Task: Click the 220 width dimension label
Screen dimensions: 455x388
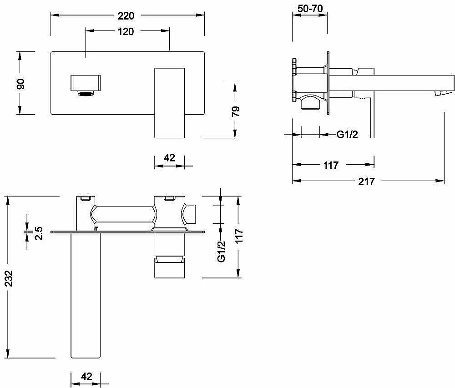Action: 126,15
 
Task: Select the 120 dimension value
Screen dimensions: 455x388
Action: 126,31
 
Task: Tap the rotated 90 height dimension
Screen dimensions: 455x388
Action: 20,84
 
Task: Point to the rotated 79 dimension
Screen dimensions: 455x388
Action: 236,111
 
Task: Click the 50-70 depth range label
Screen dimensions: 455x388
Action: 310,8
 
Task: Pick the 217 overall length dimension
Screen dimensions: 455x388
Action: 366,181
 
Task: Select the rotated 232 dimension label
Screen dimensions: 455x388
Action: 9,278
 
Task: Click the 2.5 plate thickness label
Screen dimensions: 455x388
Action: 39,233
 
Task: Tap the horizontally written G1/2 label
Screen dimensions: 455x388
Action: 347,135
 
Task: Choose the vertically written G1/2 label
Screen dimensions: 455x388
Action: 222,251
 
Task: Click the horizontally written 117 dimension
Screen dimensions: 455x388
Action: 331,165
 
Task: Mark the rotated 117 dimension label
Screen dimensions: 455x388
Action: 238,236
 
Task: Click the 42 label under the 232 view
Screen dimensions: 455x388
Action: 86,376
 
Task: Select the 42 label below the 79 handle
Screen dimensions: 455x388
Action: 169,158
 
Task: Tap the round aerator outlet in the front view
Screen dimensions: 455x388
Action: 86,93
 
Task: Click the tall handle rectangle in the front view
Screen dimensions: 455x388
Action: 169,103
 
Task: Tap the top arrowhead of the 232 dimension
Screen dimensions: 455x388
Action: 9,200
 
